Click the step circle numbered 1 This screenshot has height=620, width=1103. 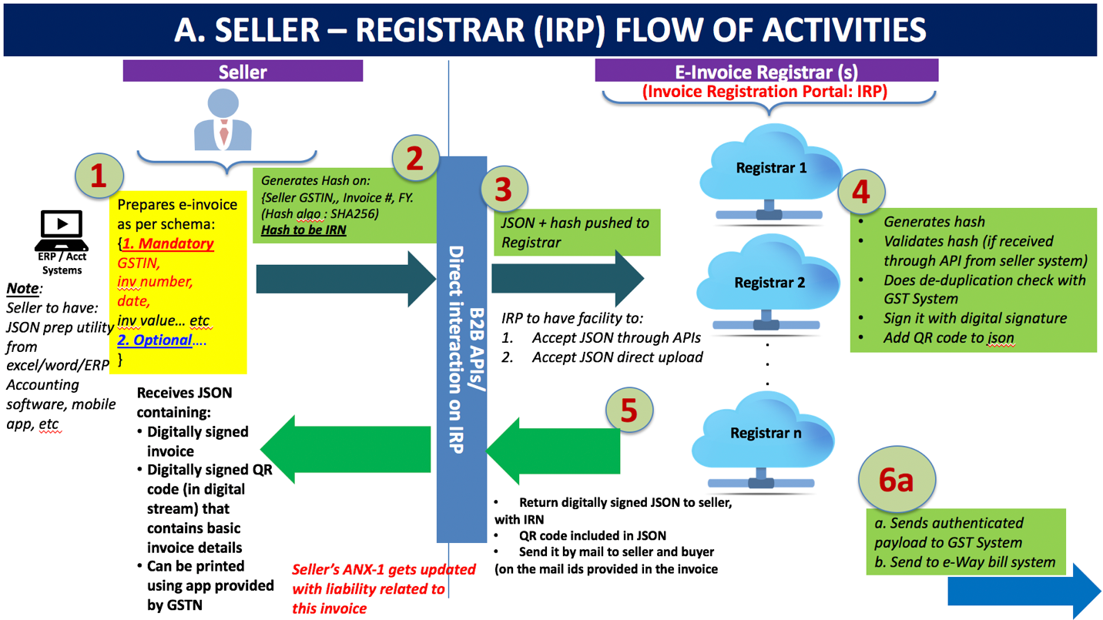98,177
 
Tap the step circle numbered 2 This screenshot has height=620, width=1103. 415,159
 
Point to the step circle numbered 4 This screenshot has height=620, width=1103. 860,192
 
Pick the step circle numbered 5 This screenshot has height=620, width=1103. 629,411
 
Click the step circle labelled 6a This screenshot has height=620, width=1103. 897,481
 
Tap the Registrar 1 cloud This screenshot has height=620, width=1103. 770,169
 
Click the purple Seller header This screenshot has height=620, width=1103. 243,72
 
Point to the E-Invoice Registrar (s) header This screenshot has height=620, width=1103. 766,72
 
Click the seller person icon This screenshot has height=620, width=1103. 223,119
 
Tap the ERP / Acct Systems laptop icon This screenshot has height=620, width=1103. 64,230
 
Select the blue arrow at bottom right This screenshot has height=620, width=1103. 1024,592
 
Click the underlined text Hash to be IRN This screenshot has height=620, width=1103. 303,230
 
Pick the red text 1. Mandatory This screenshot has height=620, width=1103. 168,244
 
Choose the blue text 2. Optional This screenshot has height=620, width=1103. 155,340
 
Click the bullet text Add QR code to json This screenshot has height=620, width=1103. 948,337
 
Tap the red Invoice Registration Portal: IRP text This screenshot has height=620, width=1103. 765,92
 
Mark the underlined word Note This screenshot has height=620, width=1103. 22,289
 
